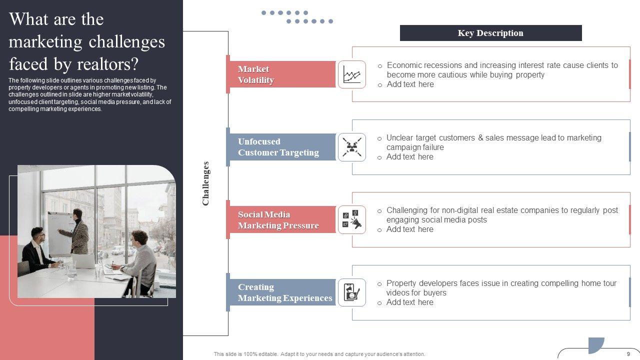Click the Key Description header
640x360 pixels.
tap(490, 33)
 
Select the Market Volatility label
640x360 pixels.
tap(256, 74)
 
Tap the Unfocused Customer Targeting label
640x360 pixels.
tap(278, 147)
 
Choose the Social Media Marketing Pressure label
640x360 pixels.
tap(278, 220)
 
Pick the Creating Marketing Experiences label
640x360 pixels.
tap(284, 292)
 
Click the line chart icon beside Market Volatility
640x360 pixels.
tap(351, 74)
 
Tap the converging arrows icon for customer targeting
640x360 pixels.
tap(351, 147)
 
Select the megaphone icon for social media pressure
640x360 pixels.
tap(351, 220)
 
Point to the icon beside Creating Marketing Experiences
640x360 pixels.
tap(351, 292)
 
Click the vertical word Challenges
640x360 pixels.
tap(205, 183)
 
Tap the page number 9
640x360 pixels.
tap(628, 353)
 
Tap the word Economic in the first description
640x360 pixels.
tap(406, 65)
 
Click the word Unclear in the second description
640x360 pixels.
tap(399, 137)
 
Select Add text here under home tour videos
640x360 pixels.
tap(409, 302)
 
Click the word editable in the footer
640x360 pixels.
tap(261, 354)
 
